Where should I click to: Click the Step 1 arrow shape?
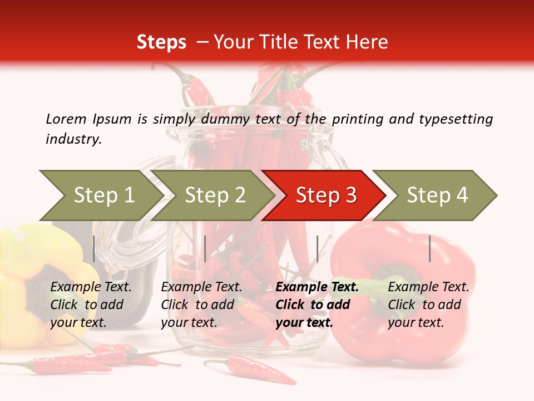pos(103,195)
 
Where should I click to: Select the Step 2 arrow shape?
pos(215,195)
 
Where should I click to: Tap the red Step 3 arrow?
pos(326,195)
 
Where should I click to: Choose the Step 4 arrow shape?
pos(437,195)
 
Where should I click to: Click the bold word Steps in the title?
pos(161,42)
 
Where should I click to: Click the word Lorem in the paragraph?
pos(66,119)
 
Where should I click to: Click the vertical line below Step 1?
pos(94,248)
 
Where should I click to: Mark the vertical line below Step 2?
pos(205,248)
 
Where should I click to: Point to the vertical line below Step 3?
pos(317,248)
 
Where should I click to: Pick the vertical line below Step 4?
pos(430,248)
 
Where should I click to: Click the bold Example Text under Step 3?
pos(317,287)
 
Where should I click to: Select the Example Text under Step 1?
pos(91,287)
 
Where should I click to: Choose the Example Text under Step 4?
pos(428,287)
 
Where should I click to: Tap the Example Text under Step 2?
pos(201,287)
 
